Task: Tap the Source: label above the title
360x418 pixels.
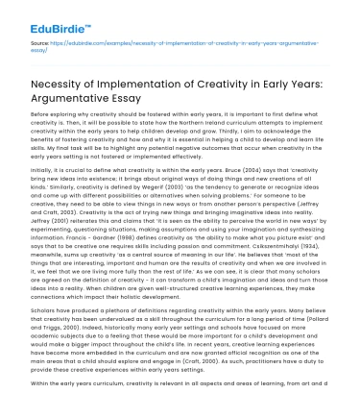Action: point(39,43)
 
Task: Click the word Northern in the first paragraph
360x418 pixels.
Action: point(189,122)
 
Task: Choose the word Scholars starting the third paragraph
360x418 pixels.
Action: point(45,311)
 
